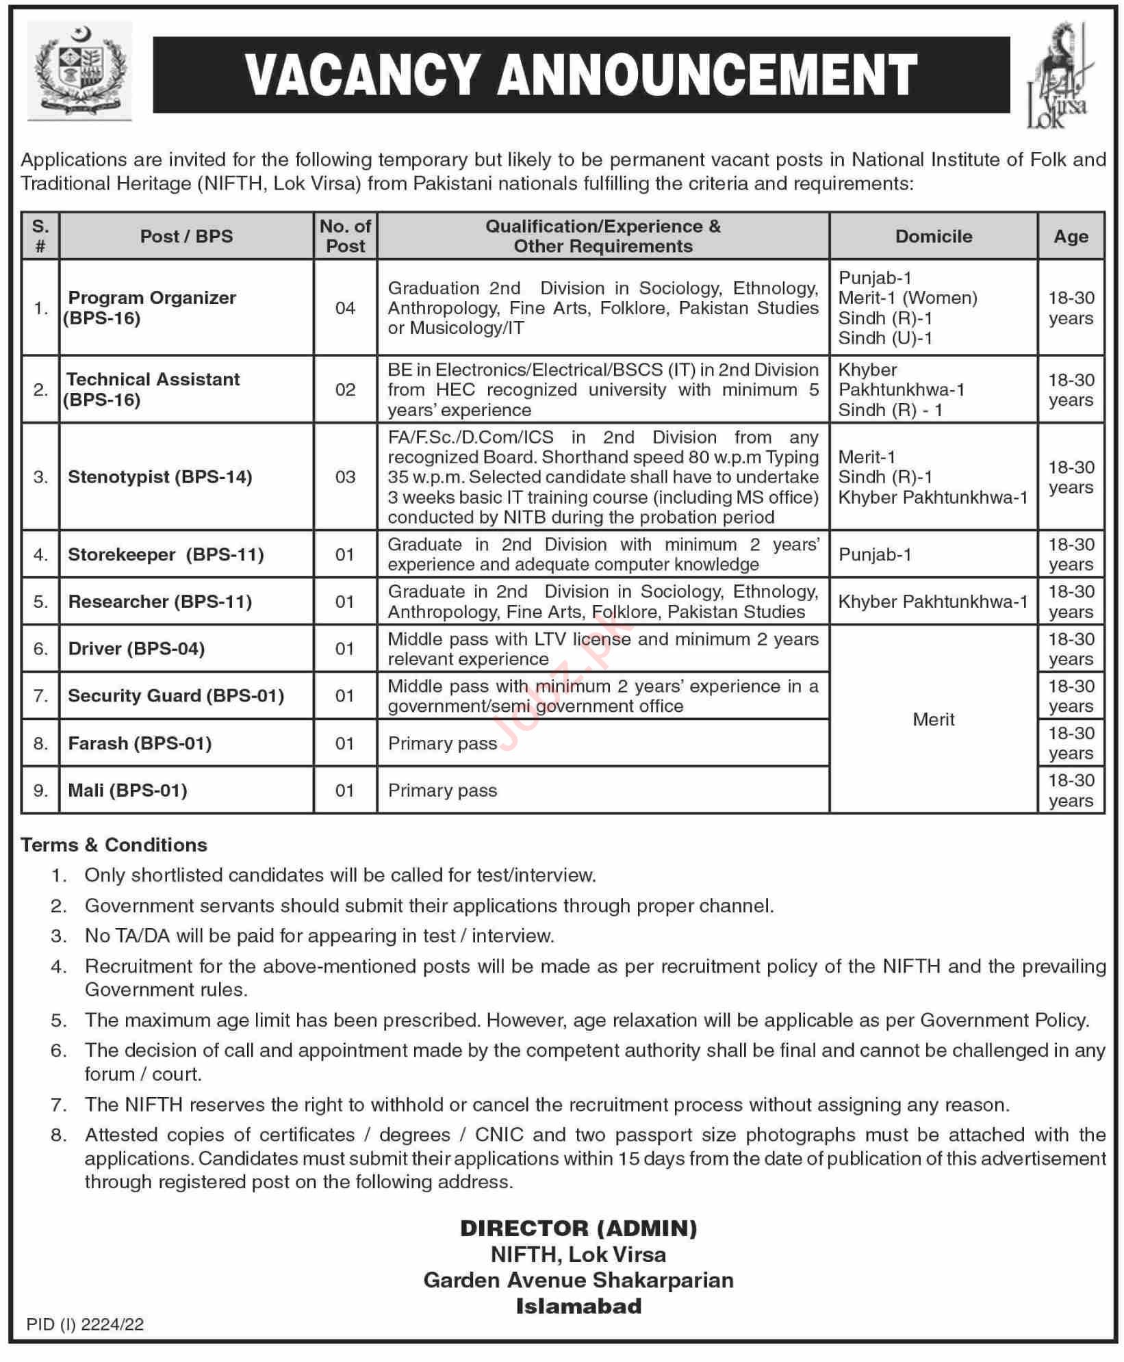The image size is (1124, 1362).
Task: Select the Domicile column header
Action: pyautogui.click(x=934, y=236)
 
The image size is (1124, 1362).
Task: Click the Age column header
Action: pyautogui.click(x=1071, y=236)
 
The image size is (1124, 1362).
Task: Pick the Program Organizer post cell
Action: pyautogui.click(x=151, y=307)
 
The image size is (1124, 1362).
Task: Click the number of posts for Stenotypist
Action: pyautogui.click(x=345, y=476)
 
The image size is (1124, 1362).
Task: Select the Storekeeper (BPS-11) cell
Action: pyautogui.click(x=166, y=554)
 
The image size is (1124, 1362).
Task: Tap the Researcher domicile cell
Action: pyautogui.click(x=933, y=602)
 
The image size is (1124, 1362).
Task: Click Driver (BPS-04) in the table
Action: pyautogui.click(x=136, y=648)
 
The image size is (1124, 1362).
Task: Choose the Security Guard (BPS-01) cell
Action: pyautogui.click(x=175, y=695)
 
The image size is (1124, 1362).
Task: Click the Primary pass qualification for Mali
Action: pyautogui.click(x=442, y=791)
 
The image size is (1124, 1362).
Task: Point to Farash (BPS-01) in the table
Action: pyautogui.click(x=140, y=743)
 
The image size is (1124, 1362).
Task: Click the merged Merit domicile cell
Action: pyautogui.click(x=933, y=719)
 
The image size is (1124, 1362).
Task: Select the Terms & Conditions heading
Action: pyautogui.click(x=114, y=845)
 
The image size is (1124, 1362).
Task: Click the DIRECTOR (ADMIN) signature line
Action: pyautogui.click(x=578, y=1228)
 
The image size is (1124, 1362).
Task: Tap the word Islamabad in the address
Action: pyautogui.click(x=578, y=1306)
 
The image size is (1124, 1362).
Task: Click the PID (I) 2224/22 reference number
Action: pyautogui.click(x=85, y=1324)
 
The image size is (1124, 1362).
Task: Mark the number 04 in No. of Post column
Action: pyautogui.click(x=345, y=308)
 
